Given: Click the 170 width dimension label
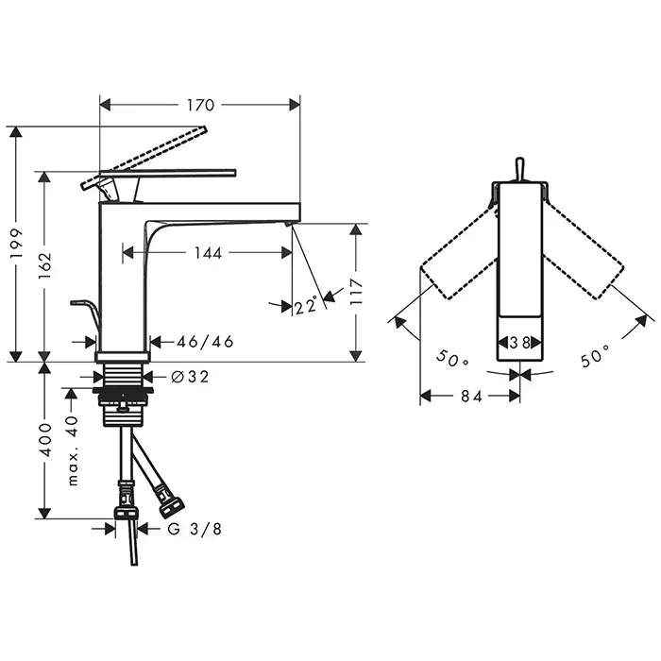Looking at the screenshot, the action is (x=200, y=105).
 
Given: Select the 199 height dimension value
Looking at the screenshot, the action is (x=16, y=245).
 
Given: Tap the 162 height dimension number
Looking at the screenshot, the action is (x=44, y=265).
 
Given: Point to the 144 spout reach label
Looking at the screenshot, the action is (x=208, y=253).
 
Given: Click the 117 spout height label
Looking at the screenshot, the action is (x=357, y=292).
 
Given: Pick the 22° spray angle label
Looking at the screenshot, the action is (x=307, y=305).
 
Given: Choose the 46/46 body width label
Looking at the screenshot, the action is (x=205, y=342).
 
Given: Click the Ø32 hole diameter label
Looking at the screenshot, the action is (x=190, y=377).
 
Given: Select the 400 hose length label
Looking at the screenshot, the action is (x=44, y=440).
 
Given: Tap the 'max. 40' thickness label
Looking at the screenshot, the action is (x=73, y=450).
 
